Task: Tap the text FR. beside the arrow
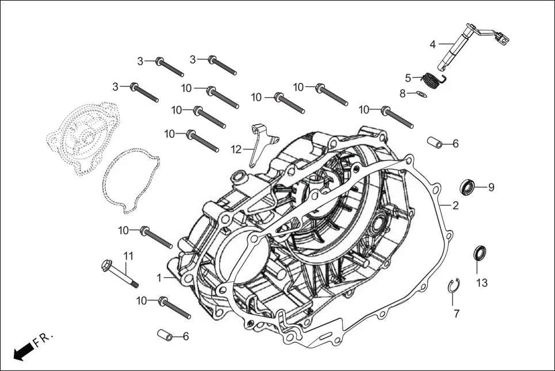point(43,339)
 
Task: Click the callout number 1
point(159,278)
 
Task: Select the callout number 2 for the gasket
point(455,205)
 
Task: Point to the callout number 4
point(432,44)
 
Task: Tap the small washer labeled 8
point(421,94)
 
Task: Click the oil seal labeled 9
point(468,187)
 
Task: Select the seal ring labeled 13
point(479,252)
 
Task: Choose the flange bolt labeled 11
point(120,274)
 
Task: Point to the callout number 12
point(236,150)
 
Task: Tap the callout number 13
point(482,283)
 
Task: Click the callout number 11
point(128,255)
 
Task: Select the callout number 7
point(457,314)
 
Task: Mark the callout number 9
point(491,187)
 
